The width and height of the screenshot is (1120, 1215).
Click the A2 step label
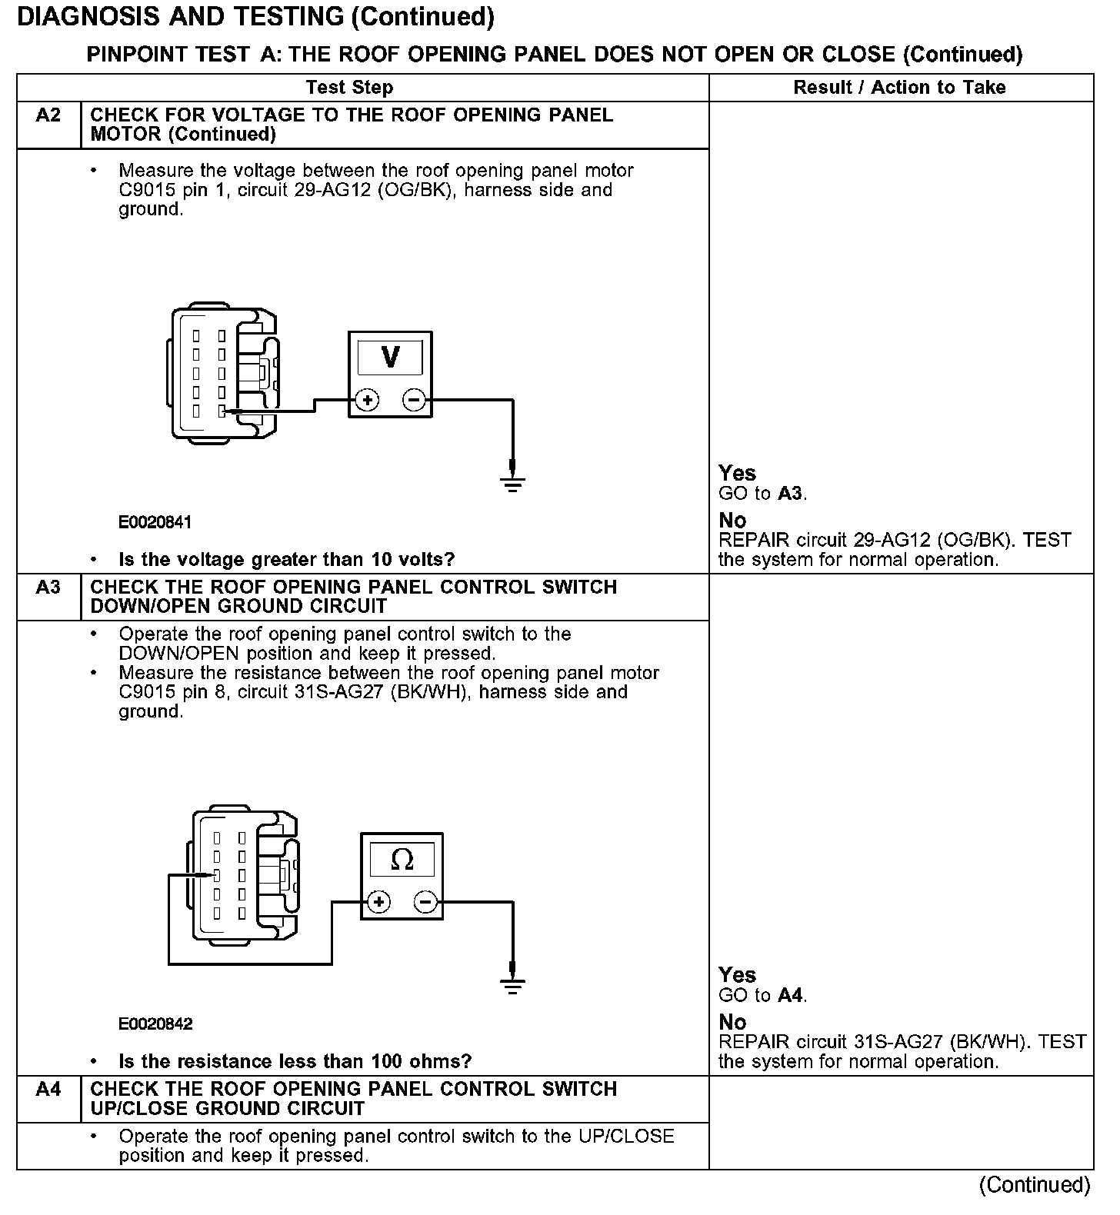48,115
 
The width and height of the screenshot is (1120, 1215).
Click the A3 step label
48,588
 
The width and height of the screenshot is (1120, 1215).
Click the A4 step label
48,1090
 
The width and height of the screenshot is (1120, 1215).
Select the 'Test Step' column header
349,88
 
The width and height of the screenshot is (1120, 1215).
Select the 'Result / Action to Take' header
899,88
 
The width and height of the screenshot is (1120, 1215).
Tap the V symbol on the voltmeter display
390,358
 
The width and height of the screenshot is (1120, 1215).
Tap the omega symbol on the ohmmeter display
402,860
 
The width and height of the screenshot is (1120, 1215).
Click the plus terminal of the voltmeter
367,400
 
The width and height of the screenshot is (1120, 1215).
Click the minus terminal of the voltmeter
414,400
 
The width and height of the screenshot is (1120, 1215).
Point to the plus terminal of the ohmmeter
379,902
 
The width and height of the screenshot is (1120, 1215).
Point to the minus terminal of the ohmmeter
426,902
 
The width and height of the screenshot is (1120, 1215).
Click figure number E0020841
155,523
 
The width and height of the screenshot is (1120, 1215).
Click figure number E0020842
155,1024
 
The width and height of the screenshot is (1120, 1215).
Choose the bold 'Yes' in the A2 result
737,473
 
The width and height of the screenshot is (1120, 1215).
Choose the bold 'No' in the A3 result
732,1022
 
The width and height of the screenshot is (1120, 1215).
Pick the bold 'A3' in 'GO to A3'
790,494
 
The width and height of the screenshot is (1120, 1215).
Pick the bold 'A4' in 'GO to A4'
790,996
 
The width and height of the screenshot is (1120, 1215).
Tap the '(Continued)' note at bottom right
1035,1185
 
